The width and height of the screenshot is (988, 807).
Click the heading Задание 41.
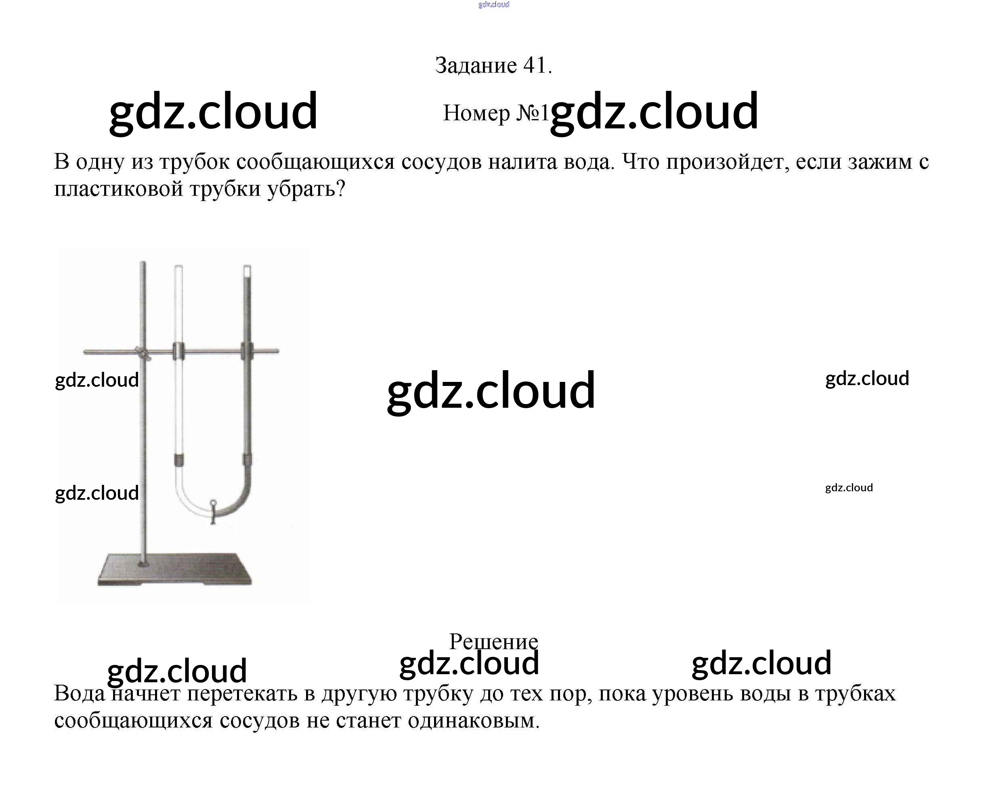(x=493, y=65)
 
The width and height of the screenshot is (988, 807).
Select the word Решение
(x=493, y=641)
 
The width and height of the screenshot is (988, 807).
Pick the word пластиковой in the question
(x=119, y=189)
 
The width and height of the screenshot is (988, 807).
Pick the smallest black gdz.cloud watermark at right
(x=849, y=488)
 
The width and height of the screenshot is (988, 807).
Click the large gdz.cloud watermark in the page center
(x=491, y=390)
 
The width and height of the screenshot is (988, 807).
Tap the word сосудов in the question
(x=441, y=162)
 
